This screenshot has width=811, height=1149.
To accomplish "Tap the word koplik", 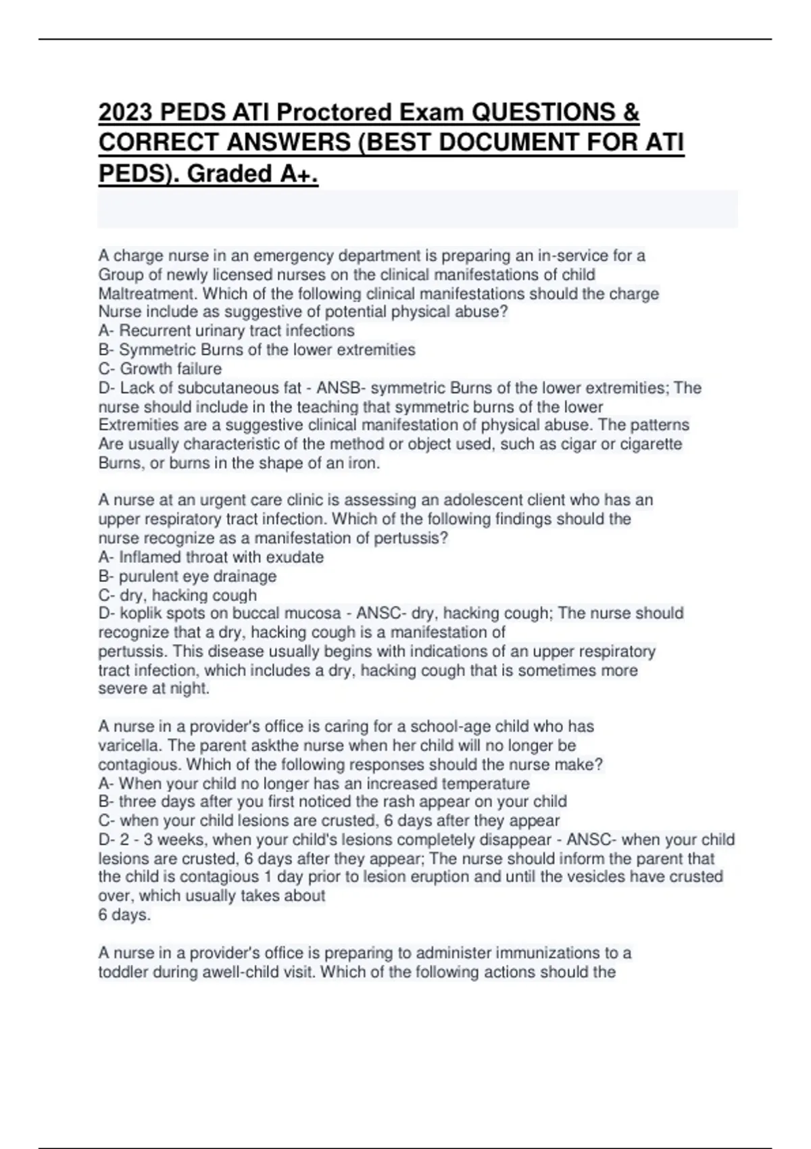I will pos(140,613).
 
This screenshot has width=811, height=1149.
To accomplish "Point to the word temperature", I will pos(486,783).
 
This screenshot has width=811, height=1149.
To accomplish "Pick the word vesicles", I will pos(600,877).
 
